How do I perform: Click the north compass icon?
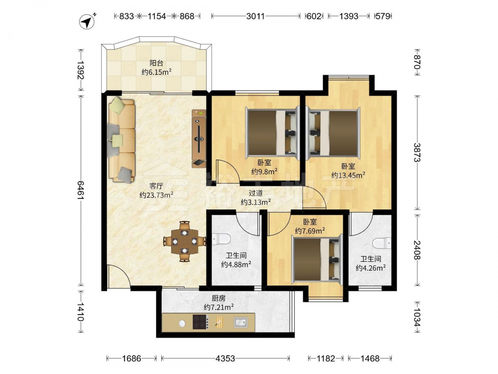pos(87,21)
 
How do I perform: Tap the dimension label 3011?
pos(255,16)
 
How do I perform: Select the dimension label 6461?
pos(81,190)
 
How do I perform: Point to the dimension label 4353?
pos(225,359)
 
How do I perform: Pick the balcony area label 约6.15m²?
pos(156,72)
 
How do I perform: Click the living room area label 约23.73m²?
pos(156,194)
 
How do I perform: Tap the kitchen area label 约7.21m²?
pos(219,307)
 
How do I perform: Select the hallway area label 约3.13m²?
pos(255,202)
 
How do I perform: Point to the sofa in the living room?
pos(122,140)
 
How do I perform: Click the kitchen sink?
pos(241,323)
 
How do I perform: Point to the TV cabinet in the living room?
pos(199,139)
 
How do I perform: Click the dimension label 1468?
pos(370,359)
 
